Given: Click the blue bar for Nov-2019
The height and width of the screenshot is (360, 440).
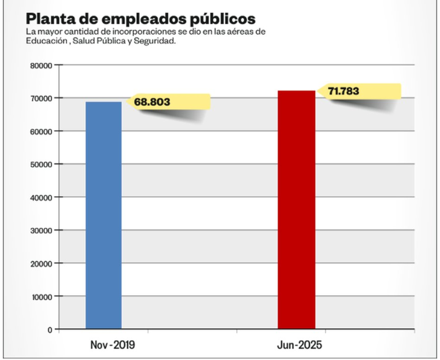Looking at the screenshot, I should [104, 215].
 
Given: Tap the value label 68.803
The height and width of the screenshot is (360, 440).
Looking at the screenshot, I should [152, 102].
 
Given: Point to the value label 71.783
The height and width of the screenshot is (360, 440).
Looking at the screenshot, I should [344, 91].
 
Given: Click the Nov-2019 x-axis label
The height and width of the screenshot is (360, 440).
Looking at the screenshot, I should [113, 345].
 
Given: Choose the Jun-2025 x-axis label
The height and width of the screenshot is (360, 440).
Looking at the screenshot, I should [299, 345].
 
